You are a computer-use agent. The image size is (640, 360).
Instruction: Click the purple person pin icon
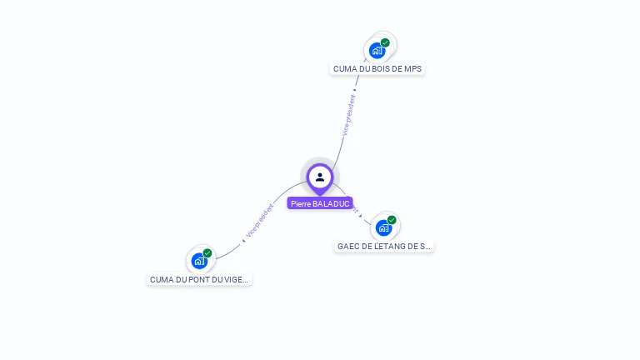[x=320, y=177]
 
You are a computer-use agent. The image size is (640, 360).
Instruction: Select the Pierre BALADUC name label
[x=320, y=203]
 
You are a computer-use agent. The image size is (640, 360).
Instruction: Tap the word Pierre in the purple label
[x=300, y=203]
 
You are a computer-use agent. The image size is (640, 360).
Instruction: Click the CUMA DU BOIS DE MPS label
[x=377, y=69]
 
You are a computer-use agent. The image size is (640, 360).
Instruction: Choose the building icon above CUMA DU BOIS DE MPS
[x=377, y=51]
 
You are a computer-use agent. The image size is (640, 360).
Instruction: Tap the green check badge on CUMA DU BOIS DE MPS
[x=385, y=42]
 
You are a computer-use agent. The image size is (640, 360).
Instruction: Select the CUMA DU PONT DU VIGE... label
[x=199, y=280]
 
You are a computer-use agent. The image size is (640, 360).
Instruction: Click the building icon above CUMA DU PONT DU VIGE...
[x=199, y=261]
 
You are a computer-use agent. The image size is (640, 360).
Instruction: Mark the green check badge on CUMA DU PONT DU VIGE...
[x=207, y=253]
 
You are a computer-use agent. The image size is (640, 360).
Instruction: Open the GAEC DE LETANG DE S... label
[x=384, y=247]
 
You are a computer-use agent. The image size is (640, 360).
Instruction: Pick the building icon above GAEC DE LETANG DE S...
[x=383, y=227]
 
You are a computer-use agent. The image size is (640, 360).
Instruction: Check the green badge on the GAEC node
[x=392, y=220]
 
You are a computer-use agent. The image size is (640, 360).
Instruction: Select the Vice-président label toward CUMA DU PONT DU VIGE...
[x=260, y=221]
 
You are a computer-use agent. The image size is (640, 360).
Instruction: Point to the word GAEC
[x=348, y=247]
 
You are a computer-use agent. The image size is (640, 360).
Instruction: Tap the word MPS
[x=412, y=69]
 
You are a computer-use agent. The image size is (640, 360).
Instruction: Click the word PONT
[x=191, y=280]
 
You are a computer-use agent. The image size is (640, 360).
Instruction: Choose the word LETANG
[x=393, y=247]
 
